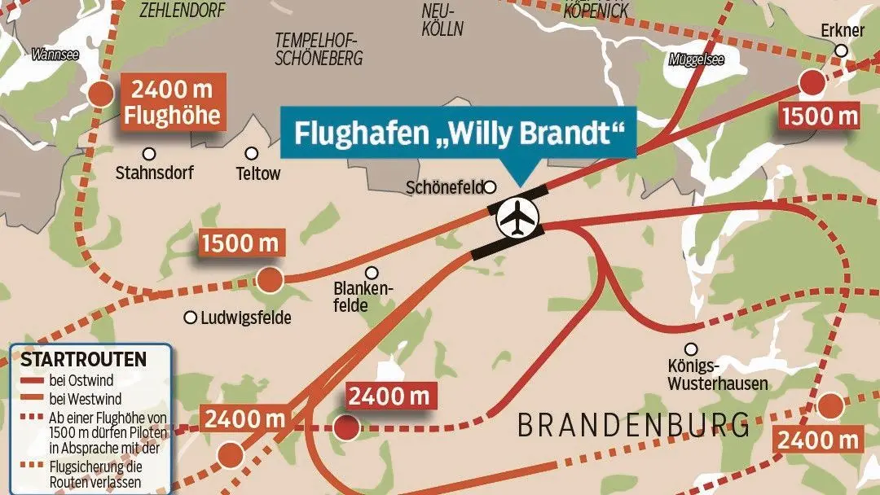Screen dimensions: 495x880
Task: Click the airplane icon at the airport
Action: click(x=519, y=218)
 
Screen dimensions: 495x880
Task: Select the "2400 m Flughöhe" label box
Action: click(x=172, y=103)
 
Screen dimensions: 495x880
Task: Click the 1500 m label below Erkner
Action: click(x=820, y=116)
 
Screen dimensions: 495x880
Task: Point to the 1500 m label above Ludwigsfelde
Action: click(x=240, y=243)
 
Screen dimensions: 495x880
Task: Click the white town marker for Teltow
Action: click(x=252, y=153)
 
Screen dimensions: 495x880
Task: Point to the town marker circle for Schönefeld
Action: click(x=491, y=187)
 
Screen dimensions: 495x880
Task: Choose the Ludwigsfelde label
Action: click(x=245, y=318)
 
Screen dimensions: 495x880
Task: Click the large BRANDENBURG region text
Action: click(x=633, y=426)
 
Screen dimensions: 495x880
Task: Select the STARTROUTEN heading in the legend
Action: click(x=83, y=359)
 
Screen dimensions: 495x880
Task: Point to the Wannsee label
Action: click(x=55, y=55)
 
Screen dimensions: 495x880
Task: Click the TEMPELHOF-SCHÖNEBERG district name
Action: click(x=319, y=49)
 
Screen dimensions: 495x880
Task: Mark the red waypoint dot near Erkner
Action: click(x=812, y=83)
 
